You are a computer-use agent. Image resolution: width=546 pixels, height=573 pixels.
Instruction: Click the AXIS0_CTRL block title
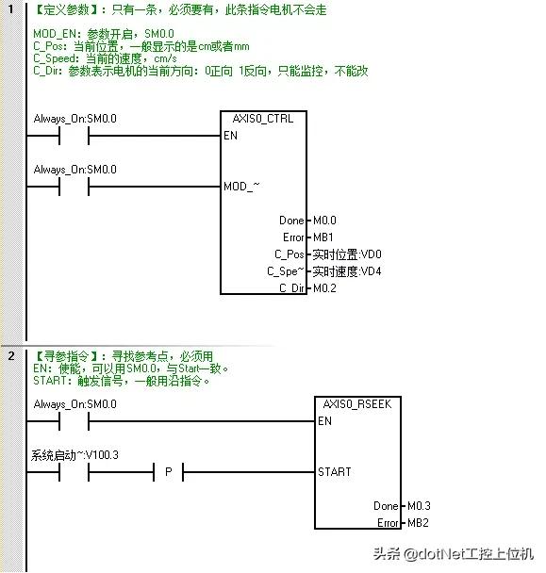tap(263, 119)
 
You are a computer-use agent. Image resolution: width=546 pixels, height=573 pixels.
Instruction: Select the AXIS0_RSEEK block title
tap(357, 404)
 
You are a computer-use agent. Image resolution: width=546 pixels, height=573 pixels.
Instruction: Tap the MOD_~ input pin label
tap(241, 187)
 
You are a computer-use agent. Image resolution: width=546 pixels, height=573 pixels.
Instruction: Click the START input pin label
tap(334, 472)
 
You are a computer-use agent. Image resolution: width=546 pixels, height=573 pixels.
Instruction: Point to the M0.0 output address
tap(324, 221)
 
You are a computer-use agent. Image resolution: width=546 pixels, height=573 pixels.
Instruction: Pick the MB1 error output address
tap(323, 237)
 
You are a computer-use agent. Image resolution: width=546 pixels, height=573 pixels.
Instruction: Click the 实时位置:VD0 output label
tap(347, 254)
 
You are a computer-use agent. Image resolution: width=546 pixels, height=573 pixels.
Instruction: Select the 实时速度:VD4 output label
tap(347, 271)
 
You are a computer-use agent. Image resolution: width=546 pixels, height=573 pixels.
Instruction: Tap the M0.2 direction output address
tap(324, 288)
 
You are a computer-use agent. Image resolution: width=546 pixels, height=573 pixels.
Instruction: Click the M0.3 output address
tap(419, 506)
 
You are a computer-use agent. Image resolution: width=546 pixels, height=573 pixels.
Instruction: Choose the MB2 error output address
tap(418, 523)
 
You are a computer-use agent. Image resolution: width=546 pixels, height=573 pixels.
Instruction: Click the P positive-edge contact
tap(168, 472)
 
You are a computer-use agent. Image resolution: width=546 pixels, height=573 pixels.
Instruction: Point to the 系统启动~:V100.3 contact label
tap(74, 455)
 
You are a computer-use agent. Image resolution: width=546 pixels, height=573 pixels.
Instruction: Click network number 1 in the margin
tap(11, 8)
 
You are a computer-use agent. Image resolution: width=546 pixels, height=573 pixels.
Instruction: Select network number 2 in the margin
tap(11, 355)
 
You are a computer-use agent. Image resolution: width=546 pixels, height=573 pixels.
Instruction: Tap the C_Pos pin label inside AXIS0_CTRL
tap(289, 254)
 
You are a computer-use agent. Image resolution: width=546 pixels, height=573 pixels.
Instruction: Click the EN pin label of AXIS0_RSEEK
tap(324, 421)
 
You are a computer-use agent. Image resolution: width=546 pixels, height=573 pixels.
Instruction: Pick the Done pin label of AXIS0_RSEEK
tap(386, 506)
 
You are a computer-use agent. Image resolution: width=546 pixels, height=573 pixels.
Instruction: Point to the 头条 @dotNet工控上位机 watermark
tap(453, 554)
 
